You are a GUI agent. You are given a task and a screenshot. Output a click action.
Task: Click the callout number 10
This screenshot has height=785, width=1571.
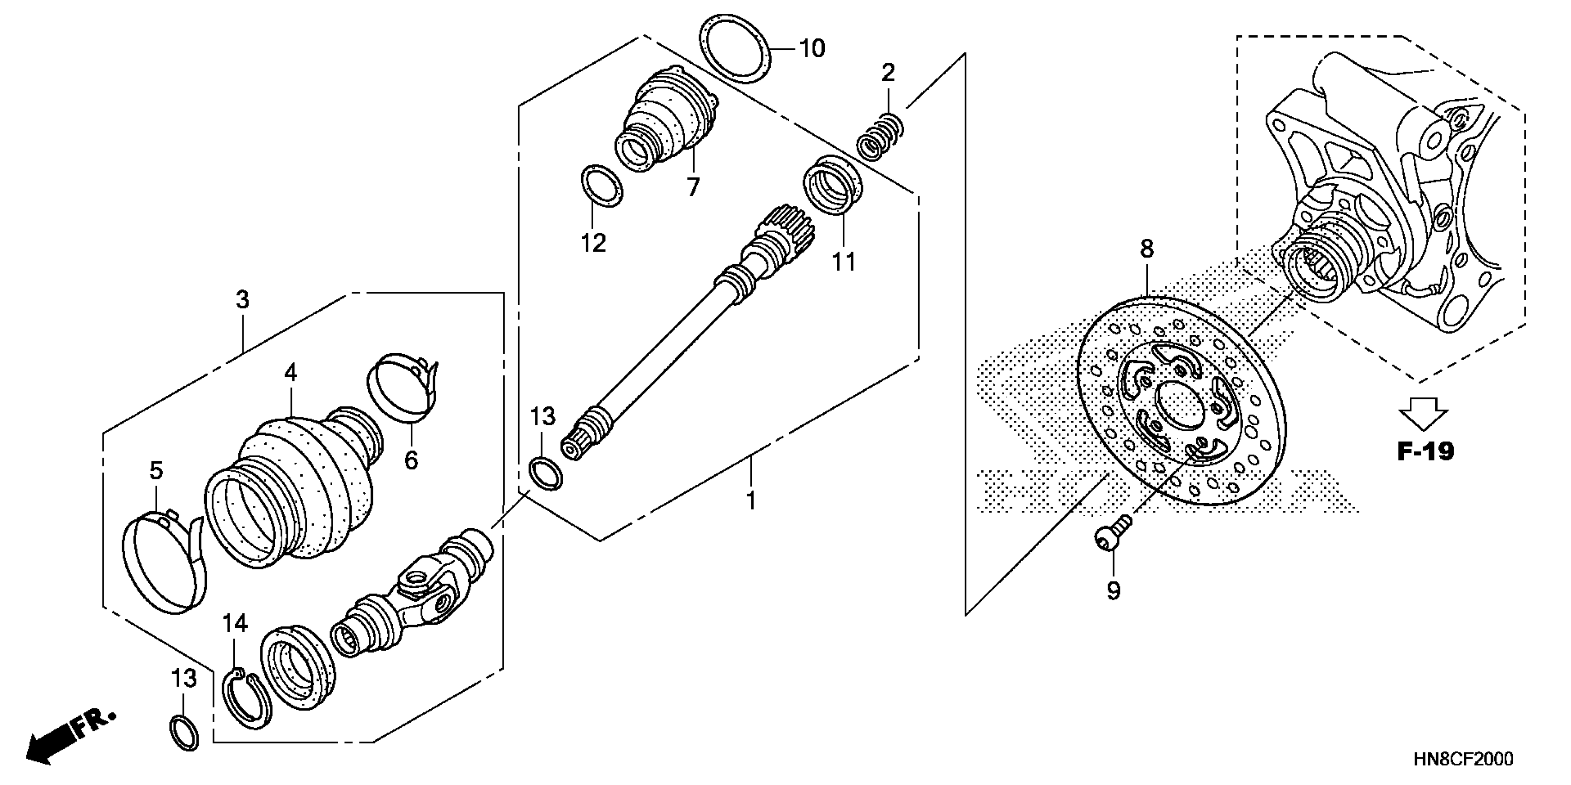click(x=812, y=48)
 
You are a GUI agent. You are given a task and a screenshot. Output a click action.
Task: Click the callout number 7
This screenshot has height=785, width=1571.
click(x=693, y=187)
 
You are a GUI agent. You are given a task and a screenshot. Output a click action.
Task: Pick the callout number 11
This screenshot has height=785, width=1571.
click(x=844, y=262)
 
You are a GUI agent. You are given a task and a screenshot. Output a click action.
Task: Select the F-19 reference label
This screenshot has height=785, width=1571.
click(x=1425, y=452)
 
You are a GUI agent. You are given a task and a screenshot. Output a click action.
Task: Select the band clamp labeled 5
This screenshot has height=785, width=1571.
click(x=164, y=560)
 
